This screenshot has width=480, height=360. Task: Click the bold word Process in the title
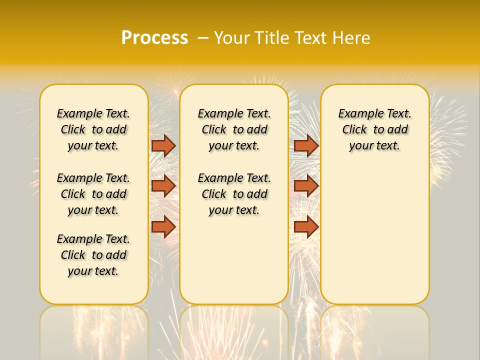pyautogui.click(x=154, y=37)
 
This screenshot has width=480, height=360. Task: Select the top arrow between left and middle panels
pyautogui.click(x=163, y=145)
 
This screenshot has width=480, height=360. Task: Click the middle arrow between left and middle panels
pyautogui.click(x=163, y=186)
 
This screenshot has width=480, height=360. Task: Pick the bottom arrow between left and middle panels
pyautogui.click(x=163, y=227)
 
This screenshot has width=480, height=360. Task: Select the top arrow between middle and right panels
pyautogui.click(x=306, y=145)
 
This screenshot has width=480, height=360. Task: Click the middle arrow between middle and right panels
pyautogui.click(x=306, y=186)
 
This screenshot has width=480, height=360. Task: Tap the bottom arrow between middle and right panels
pyautogui.click(x=306, y=227)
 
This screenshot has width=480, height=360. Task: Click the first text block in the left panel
pyautogui.click(x=93, y=129)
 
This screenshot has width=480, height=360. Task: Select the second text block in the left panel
pyautogui.click(x=93, y=194)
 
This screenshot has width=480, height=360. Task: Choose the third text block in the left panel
pyautogui.click(x=93, y=255)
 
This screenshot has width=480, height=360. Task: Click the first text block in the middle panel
pyautogui.click(x=234, y=129)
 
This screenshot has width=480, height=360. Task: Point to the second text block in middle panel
pyautogui.click(x=234, y=194)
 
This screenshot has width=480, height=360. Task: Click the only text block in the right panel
pyautogui.click(x=374, y=129)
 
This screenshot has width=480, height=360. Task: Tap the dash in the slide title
pyautogui.click(x=202, y=38)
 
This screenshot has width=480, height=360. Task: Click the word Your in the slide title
pyautogui.click(x=232, y=37)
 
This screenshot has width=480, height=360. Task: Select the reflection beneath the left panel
pyautogui.click(x=94, y=330)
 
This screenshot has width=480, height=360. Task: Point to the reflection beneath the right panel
pyautogui.click(x=374, y=330)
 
